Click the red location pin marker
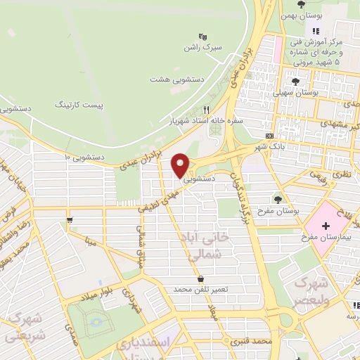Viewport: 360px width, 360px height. [x=181, y=165]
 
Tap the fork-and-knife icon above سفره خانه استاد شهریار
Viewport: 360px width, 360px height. [x=206, y=110]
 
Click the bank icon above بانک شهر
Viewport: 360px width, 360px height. [x=269, y=136]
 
